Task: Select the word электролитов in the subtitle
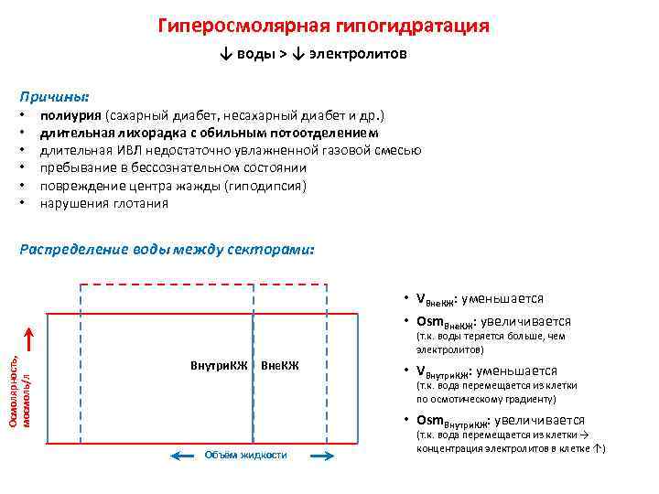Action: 358,55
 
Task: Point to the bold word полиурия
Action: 70,116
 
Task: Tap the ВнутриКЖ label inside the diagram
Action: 219,367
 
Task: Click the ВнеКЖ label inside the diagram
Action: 280,367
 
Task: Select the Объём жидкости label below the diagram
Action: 245,455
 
